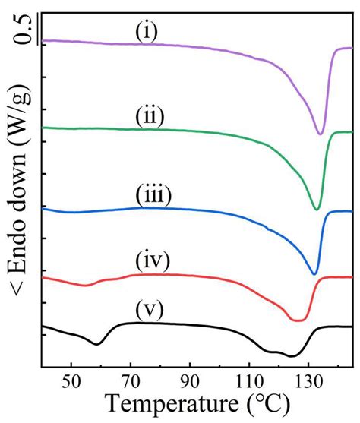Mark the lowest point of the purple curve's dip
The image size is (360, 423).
[321, 134]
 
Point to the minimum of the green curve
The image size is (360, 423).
[317, 210]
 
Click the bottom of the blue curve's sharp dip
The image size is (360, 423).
[314, 274]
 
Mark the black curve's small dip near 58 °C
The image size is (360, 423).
[96, 344]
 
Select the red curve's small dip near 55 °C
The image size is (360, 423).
[85, 286]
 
